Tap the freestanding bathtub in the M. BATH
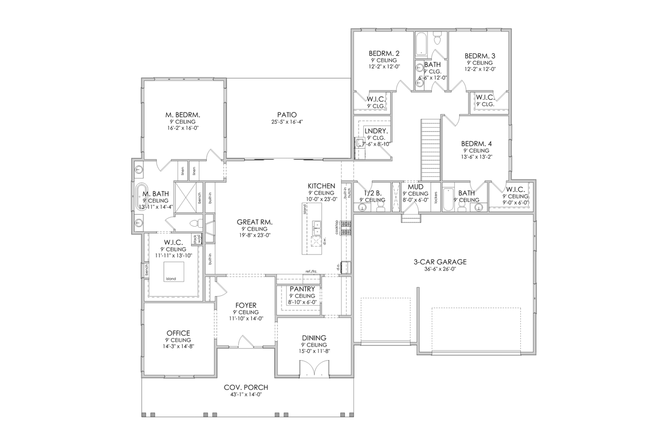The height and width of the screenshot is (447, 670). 141,196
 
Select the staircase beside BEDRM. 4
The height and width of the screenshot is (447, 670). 431,149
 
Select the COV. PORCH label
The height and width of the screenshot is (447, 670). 246,387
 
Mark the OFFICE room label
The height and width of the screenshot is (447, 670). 178,333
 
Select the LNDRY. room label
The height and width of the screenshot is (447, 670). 375,130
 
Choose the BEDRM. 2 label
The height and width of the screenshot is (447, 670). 384,53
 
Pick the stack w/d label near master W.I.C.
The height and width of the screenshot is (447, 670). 197,239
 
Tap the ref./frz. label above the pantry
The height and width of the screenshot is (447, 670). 311,271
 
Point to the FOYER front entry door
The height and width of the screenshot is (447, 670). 244,342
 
